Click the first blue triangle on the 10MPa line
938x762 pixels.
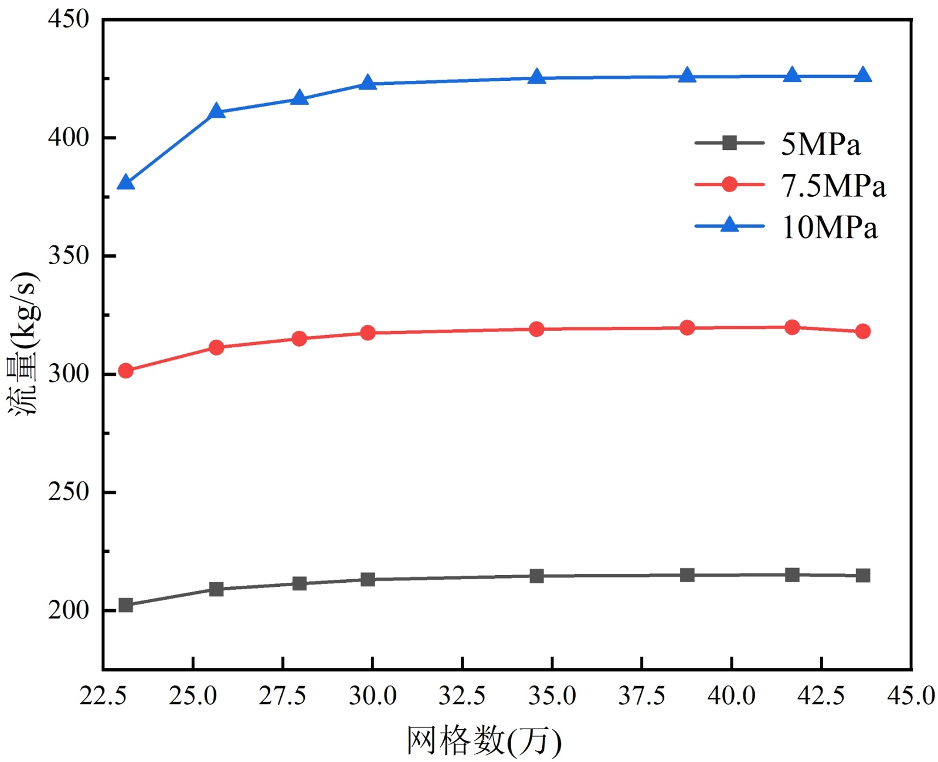pos(125,183)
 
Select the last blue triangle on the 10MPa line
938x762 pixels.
pos(862,76)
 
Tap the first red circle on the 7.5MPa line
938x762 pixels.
pos(125,371)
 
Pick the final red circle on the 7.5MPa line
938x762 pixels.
pos(862,332)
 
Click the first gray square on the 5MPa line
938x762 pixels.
pos(125,605)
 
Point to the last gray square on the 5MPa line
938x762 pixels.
pos(862,576)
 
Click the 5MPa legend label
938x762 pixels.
pos(820,144)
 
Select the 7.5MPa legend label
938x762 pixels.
pos(832,186)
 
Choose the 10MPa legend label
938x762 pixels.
pos(829,227)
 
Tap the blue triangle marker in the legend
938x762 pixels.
pos(729,225)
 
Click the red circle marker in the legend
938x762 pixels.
pos(729,184)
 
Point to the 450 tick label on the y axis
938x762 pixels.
pos(69,19)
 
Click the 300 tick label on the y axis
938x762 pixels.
pos(69,374)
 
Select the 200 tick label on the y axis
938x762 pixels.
pos(69,610)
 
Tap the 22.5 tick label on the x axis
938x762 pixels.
pos(103,696)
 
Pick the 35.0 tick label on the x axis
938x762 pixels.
pos(552,696)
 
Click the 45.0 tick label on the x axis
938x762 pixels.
pos(910,696)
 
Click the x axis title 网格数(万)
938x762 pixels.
pos(484,741)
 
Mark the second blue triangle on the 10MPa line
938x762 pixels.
pos(216,111)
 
